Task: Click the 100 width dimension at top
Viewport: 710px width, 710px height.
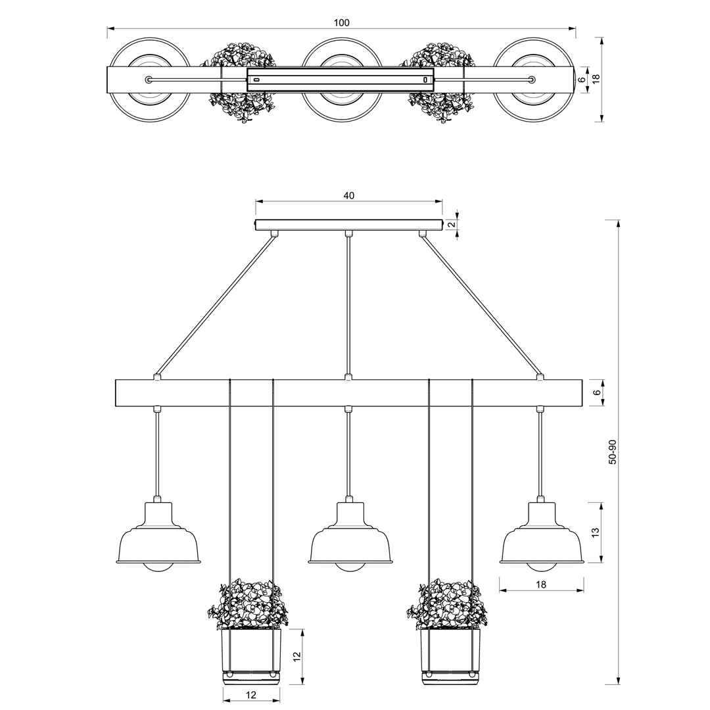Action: [341, 22]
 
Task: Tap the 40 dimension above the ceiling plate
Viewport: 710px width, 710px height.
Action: [348, 196]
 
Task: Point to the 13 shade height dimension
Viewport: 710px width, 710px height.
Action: [596, 532]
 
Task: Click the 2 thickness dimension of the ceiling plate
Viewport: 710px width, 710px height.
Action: [451, 224]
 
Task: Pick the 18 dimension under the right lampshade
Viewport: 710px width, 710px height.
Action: [541, 584]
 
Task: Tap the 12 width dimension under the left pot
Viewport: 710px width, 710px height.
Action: [251, 695]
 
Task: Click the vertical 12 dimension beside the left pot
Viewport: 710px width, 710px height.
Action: [296, 657]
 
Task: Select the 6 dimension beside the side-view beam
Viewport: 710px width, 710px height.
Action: [597, 392]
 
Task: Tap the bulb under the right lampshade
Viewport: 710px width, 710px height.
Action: [542, 568]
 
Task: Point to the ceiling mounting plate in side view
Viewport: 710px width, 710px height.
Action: [348, 225]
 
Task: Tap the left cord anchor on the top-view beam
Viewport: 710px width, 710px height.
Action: [149, 80]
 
